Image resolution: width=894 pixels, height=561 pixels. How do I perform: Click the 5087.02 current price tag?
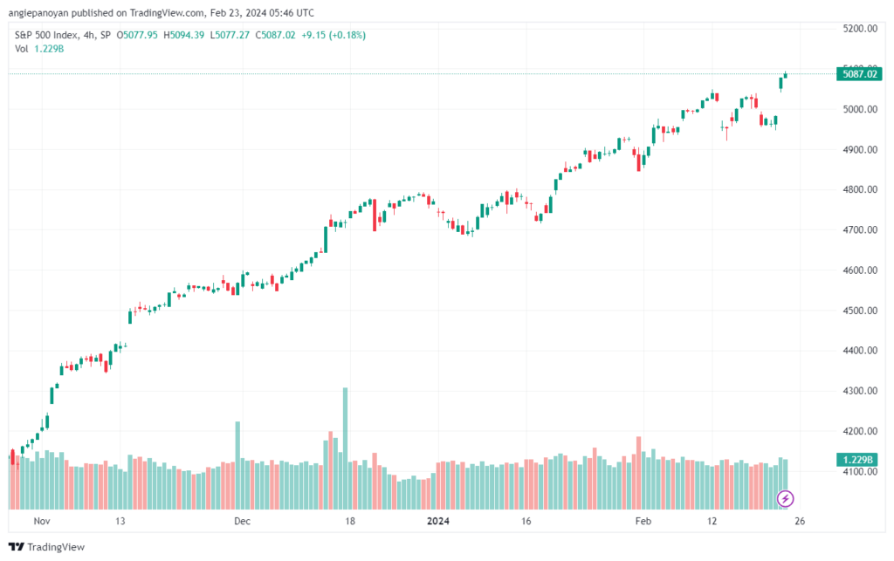[x=859, y=73]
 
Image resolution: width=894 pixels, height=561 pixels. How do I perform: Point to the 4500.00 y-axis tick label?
[x=860, y=311]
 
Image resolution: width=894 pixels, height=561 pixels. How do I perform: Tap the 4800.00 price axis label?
[x=860, y=189]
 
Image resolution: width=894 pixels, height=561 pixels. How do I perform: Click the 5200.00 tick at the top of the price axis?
[x=860, y=29]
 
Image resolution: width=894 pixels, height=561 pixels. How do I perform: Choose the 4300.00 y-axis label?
[x=860, y=391]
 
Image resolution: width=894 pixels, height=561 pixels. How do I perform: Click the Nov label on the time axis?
[x=42, y=521]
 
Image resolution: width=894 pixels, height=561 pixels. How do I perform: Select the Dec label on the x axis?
[x=243, y=521]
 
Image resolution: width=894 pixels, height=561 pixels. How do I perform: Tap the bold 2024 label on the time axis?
[x=438, y=521]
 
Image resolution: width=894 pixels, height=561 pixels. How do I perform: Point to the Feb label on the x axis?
[x=643, y=521]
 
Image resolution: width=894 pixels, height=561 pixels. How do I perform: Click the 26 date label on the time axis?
[x=800, y=521]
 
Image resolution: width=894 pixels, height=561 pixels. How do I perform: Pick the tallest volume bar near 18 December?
[x=345, y=448]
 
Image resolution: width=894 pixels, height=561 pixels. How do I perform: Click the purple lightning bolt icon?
[x=785, y=499]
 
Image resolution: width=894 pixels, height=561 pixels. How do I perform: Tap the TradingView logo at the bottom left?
[x=47, y=547]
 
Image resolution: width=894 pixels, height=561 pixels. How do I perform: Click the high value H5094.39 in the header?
[x=183, y=35]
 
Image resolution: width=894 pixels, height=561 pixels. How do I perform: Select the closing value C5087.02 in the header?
[x=275, y=35]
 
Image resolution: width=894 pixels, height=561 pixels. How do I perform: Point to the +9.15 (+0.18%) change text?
[x=334, y=35]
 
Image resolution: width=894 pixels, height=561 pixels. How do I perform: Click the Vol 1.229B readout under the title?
[x=39, y=49]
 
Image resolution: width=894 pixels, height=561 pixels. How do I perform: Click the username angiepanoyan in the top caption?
[x=38, y=12]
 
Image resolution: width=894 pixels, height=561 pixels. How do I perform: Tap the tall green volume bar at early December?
[x=237, y=465]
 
